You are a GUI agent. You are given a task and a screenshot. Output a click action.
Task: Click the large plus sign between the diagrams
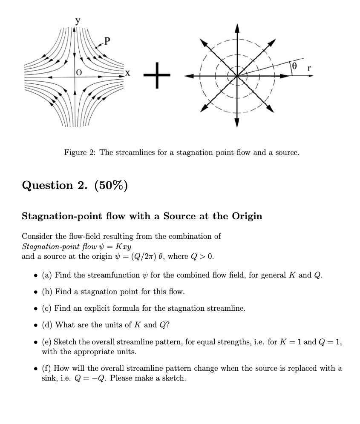point(156,75)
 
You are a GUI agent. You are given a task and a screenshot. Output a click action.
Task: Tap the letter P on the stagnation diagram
point(107,41)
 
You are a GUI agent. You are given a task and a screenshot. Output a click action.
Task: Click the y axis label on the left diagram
point(77,20)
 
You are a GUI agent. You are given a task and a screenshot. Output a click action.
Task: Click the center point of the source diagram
point(237,76)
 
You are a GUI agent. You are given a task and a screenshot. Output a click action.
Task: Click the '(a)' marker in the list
point(47,275)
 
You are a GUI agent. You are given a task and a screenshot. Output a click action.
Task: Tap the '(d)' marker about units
point(47,325)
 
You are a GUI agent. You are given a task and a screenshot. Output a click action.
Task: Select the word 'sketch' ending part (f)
point(174,378)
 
